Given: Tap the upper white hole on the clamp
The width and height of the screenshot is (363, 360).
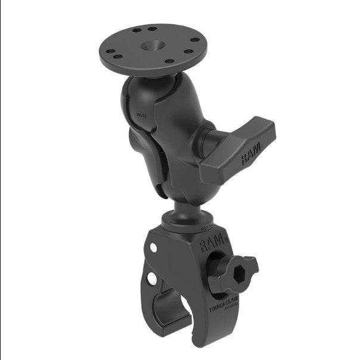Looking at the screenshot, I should (154, 247).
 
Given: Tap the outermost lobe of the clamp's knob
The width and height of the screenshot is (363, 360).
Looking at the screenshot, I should (253, 262).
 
